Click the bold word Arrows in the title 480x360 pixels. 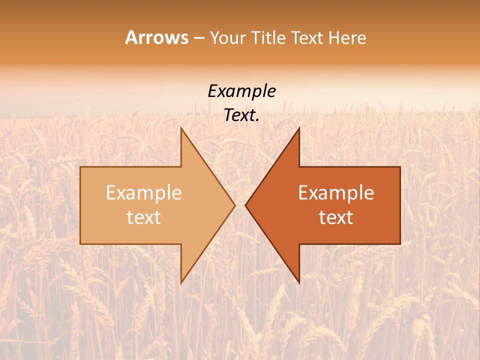tap(156, 37)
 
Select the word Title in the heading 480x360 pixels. tap(268, 38)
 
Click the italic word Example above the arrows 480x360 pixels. tap(241, 91)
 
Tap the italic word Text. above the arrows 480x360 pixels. tap(241, 115)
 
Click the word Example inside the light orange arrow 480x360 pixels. tap(144, 192)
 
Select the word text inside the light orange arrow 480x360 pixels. tap(144, 217)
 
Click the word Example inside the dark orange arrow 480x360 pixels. tap(336, 192)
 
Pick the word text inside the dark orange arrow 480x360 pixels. tap(336, 217)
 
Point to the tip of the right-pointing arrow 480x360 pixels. tap(235, 205)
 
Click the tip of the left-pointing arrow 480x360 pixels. tap(245, 205)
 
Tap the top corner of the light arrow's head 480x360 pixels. tap(181, 128)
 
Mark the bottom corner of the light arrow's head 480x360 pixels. tap(181, 282)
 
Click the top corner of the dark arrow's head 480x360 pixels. tap(299, 128)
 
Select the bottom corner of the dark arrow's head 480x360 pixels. tap(299, 282)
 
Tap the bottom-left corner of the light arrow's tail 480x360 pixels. tap(80, 243)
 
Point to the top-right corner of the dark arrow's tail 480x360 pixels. tap(400, 167)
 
